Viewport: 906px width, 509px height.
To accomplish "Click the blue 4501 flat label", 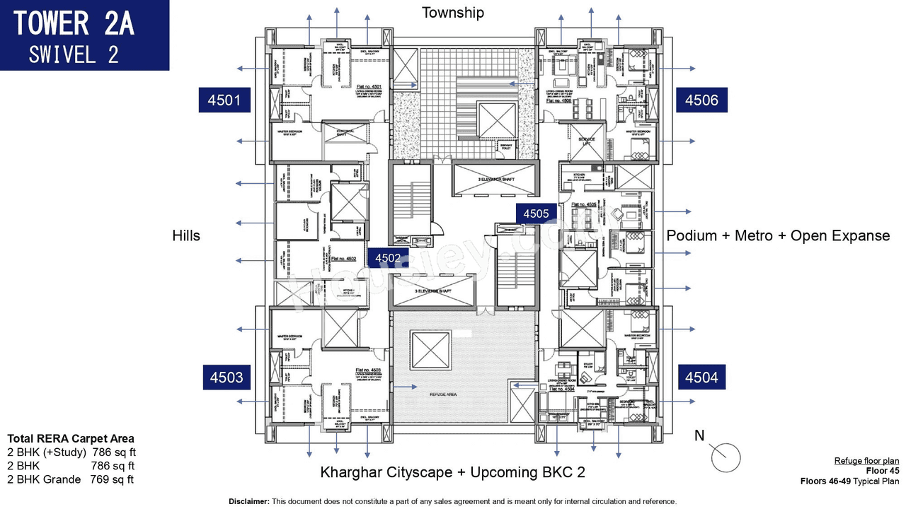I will point(225,100).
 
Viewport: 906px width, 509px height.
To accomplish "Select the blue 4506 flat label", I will point(701,100).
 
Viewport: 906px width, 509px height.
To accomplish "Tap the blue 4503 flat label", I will point(225,378).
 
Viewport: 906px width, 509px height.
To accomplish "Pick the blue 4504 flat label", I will point(701,378).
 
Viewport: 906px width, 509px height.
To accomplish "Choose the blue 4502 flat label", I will point(388,258).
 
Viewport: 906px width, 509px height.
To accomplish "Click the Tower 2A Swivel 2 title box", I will point(84,35).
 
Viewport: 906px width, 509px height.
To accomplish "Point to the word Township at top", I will point(453,12).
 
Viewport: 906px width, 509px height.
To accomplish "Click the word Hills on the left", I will point(186,235).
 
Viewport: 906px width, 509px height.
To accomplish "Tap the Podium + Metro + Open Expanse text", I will point(778,235).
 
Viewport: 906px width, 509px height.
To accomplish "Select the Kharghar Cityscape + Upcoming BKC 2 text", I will point(452,472).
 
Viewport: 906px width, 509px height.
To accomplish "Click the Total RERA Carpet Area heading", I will point(70,438).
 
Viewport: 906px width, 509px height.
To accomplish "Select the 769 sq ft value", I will point(112,479).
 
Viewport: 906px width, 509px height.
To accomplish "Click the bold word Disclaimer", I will point(248,501).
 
